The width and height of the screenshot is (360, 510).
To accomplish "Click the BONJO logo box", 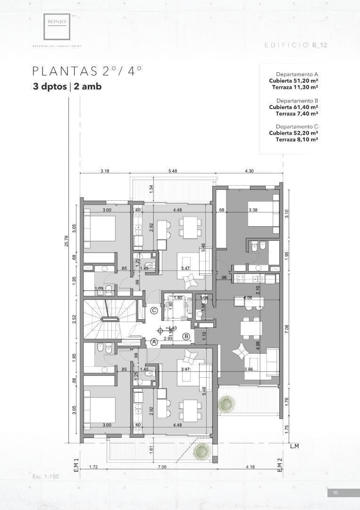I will [x=57, y=26].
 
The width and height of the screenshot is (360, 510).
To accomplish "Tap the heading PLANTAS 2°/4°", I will [x=87, y=71].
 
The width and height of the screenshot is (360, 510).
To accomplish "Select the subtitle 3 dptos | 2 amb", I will [x=67, y=86].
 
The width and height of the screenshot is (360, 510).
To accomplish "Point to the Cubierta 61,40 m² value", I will [x=293, y=107].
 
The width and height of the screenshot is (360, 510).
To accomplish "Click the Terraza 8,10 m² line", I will [x=293, y=139].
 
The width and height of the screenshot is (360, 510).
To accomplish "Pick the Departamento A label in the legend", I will [x=297, y=75].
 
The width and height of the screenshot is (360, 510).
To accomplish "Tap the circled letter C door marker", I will [x=154, y=311].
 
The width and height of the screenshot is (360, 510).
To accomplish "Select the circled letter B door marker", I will [x=186, y=336].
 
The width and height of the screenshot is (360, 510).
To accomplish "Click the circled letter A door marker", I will [x=154, y=341].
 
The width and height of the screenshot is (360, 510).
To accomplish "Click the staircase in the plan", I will [x=109, y=319].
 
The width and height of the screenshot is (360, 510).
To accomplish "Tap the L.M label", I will [x=295, y=446].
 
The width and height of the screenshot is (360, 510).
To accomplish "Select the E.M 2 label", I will [x=279, y=466].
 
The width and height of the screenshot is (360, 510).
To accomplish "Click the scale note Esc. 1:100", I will [x=46, y=476].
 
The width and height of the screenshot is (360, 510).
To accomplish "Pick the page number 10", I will [x=335, y=493].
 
